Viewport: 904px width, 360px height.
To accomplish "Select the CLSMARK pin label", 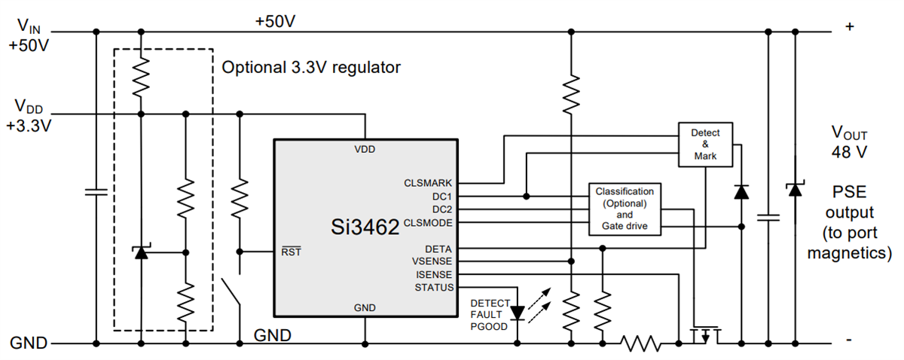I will [429, 183].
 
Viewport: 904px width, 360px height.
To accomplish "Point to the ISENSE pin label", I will [434, 274].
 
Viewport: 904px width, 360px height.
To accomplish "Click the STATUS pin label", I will [434, 288].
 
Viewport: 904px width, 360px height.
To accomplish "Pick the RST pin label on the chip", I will [291, 252].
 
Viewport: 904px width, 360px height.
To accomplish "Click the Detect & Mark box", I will [705, 145].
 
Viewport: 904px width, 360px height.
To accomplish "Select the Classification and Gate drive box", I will [625, 209].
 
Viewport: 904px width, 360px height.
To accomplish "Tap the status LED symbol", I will [518, 310].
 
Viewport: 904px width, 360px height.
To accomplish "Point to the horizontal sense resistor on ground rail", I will [641, 344].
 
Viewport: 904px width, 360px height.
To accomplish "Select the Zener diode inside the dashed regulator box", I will [140, 252].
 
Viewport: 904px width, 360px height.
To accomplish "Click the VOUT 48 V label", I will [849, 143].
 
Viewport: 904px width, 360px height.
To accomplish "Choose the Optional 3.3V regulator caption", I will [310, 67].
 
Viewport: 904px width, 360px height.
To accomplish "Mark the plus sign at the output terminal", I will [850, 27].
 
